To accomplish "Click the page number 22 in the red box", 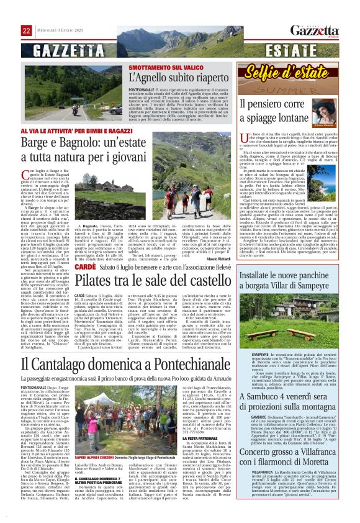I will pos(27,30).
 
